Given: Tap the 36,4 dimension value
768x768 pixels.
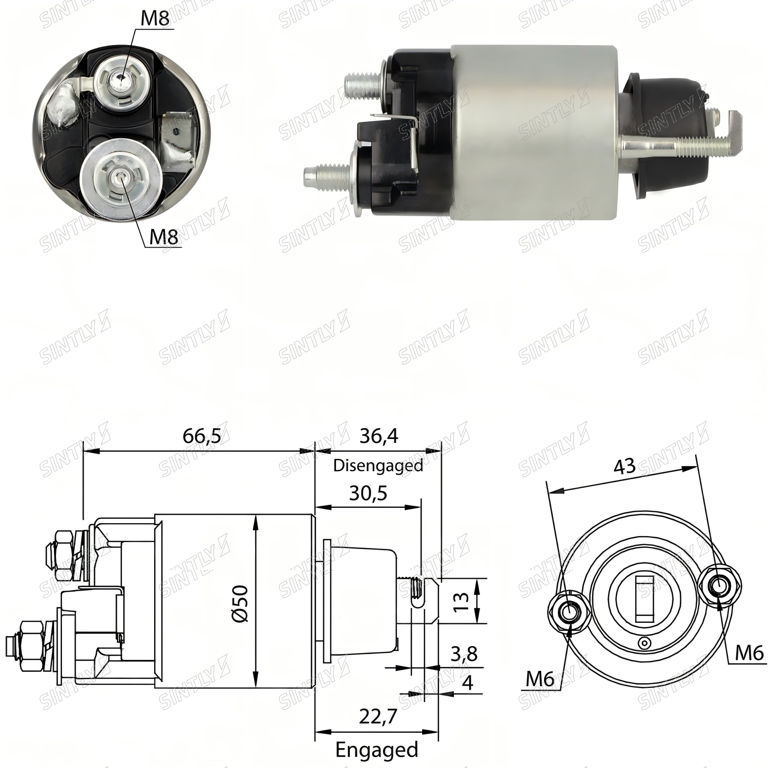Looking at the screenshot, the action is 379,437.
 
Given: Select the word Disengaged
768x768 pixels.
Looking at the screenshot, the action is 378,466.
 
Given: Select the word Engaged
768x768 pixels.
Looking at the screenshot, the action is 377,750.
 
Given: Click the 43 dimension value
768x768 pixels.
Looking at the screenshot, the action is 624,467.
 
